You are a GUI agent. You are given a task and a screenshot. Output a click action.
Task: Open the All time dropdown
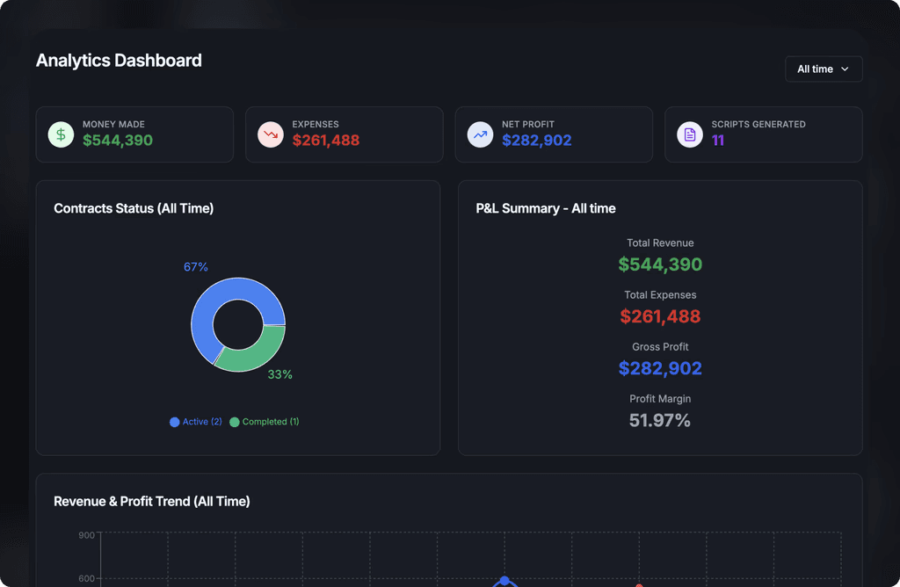coord(824,69)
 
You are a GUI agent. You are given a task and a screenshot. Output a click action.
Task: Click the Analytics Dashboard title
coord(119,61)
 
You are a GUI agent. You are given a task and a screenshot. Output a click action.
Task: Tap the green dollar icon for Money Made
coord(61,134)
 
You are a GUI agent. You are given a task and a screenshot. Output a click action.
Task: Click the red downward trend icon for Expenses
coord(271,134)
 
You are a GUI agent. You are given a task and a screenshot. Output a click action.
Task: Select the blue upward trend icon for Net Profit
coord(480,134)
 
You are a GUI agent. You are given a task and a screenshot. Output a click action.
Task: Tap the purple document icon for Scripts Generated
coord(690,134)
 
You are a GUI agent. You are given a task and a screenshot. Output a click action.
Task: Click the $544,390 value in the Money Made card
coord(118,141)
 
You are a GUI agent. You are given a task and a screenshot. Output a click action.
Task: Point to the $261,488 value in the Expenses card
coord(326,141)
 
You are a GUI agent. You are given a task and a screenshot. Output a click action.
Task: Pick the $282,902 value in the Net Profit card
coord(537,141)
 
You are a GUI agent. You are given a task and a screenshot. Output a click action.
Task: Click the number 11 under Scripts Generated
coord(718,141)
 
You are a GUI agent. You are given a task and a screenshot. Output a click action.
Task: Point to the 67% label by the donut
coord(196,267)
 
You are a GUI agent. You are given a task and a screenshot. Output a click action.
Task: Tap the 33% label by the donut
coord(280,374)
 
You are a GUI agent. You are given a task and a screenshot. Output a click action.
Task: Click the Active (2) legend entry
coord(196,422)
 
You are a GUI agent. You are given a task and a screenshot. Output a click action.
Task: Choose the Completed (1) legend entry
coord(264,422)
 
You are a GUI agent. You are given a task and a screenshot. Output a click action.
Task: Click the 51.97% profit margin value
coord(660,421)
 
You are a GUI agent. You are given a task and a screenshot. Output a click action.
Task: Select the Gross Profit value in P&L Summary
coord(660,368)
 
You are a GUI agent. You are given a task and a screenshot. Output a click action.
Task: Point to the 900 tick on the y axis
coord(87,535)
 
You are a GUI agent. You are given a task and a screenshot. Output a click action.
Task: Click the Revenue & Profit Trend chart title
coord(152,502)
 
